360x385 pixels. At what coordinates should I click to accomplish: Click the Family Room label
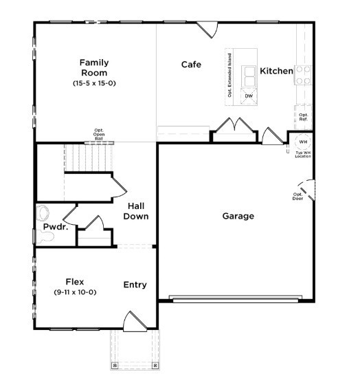pos(94,67)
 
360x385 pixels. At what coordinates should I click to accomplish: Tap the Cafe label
pos(191,65)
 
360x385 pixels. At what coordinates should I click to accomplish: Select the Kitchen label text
pos(276,71)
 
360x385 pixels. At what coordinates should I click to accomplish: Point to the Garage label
pos(238,216)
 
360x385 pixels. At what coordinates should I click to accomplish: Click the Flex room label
pos(75,281)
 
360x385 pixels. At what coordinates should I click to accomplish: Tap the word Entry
pos(135,285)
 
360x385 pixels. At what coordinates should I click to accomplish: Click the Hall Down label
pos(135,211)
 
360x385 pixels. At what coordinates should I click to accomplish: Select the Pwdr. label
pos(55,227)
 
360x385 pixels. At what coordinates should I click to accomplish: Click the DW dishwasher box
pos(249,96)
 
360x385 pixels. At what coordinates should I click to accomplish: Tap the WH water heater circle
pos(303,142)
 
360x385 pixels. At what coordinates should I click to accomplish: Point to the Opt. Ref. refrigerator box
pos(303,118)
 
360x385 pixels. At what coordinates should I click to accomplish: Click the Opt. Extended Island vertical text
pos(229,74)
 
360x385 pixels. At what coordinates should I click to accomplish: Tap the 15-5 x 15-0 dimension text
pos(94,83)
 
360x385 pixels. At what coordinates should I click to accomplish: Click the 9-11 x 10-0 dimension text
pos(75,292)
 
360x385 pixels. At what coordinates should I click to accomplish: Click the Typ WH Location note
pos(303,154)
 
